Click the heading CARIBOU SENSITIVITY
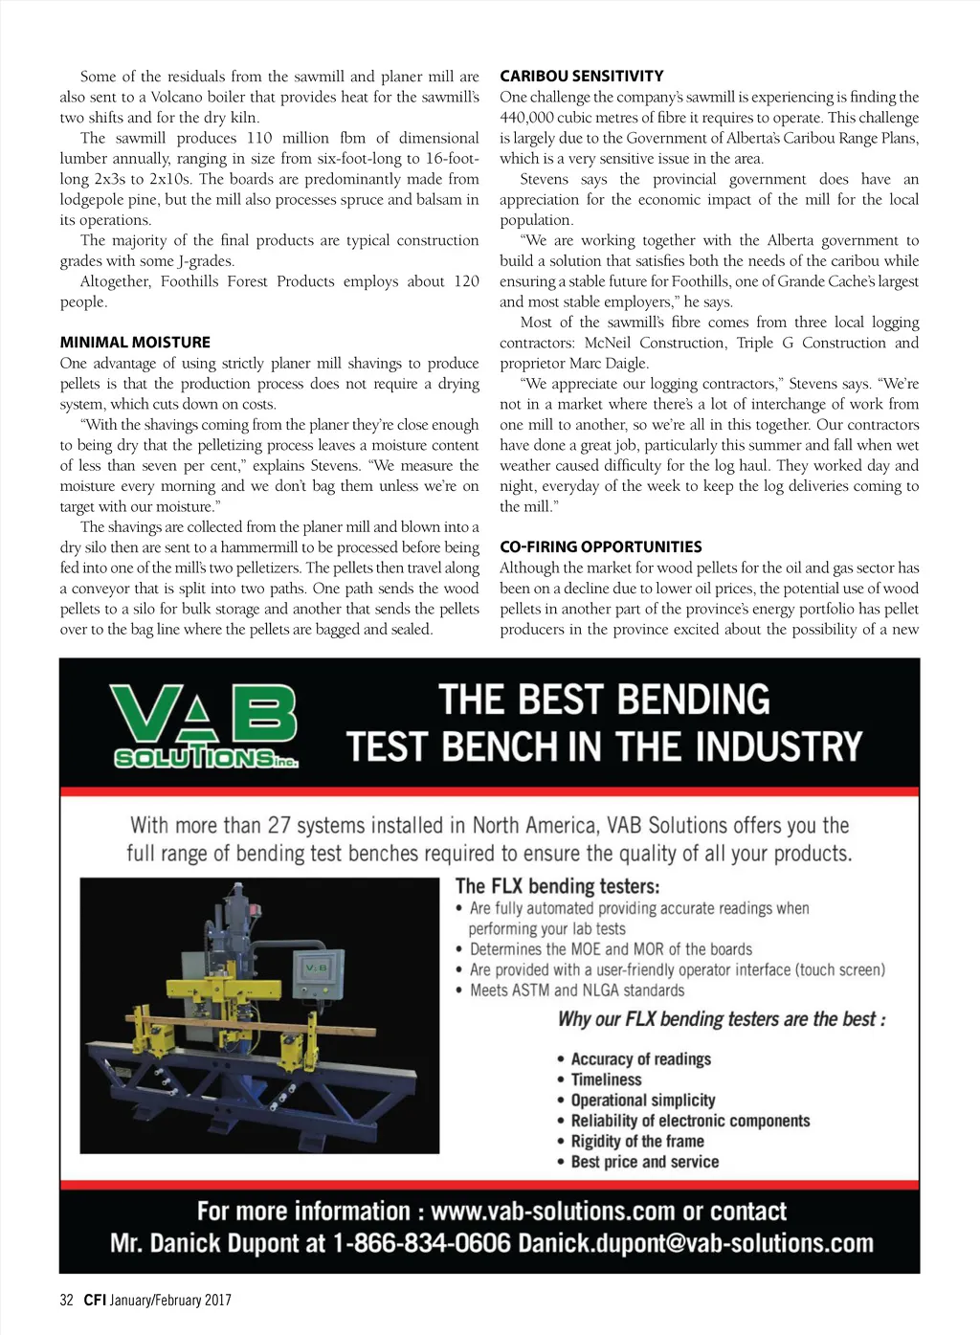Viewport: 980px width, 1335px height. click(581, 76)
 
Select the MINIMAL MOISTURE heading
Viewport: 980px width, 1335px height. click(135, 342)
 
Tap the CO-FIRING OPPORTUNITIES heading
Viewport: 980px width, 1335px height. click(600, 546)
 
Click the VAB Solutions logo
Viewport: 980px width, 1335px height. click(205, 725)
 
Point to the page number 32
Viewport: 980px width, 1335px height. click(66, 1300)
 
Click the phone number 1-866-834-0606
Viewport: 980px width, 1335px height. click(421, 1243)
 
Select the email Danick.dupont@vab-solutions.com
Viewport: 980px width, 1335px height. click(696, 1243)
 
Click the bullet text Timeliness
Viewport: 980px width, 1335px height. click(606, 1079)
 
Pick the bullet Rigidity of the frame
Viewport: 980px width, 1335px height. click(637, 1141)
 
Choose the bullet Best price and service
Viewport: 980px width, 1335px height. click(644, 1162)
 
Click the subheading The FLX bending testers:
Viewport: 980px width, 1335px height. click(557, 886)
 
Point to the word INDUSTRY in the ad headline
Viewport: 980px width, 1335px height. click(779, 746)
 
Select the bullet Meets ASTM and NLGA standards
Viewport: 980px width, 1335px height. click(577, 990)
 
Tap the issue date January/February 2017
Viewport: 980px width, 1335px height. click(170, 1300)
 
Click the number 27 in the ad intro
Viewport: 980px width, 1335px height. click(278, 825)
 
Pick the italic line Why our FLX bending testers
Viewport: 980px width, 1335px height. click(722, 1019)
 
